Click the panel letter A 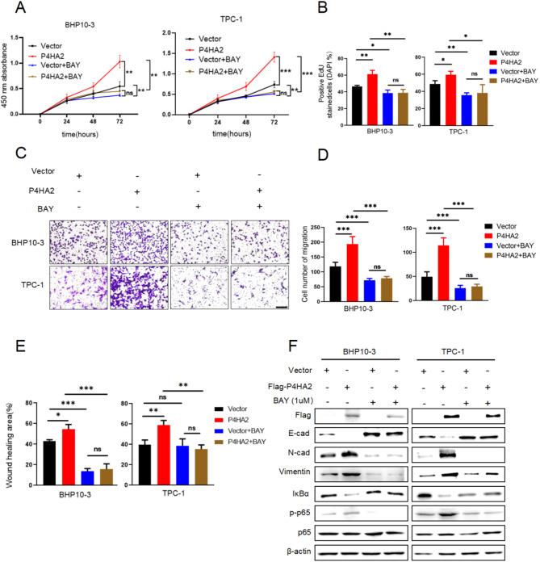coord(10,8)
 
